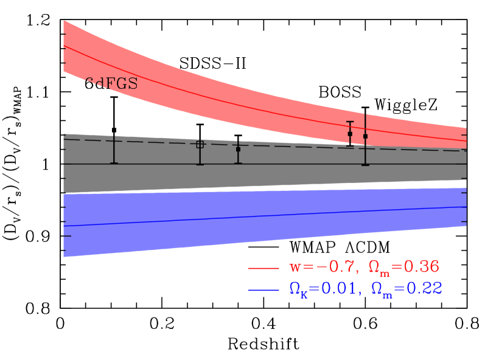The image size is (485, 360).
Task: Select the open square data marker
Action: pyautogui.click(x=200, y=144)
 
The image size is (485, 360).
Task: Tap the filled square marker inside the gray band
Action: pyautogui.click(x=238, y=149)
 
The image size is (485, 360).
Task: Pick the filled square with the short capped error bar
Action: pyautogui.click(x=350, y=134)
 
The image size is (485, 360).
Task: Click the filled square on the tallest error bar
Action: pyautogui.click(x=365, y=136)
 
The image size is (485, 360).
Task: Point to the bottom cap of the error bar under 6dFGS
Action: pyautogui.click(x=114, y=163)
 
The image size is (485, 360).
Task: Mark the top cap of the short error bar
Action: pyautogui.click(x=350, y=122)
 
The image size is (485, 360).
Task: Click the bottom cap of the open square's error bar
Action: pyautogui.click(x=200, y=165)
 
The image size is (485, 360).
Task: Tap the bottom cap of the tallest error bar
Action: pyautogui.click(x=365, y=165)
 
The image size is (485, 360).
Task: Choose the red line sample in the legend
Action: pyautogui.click(x=263, y=268)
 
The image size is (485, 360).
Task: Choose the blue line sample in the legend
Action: pyautogui.click(x=263, y=290)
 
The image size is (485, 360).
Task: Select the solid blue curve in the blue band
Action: pyautogui.click(x=243, y=216)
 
